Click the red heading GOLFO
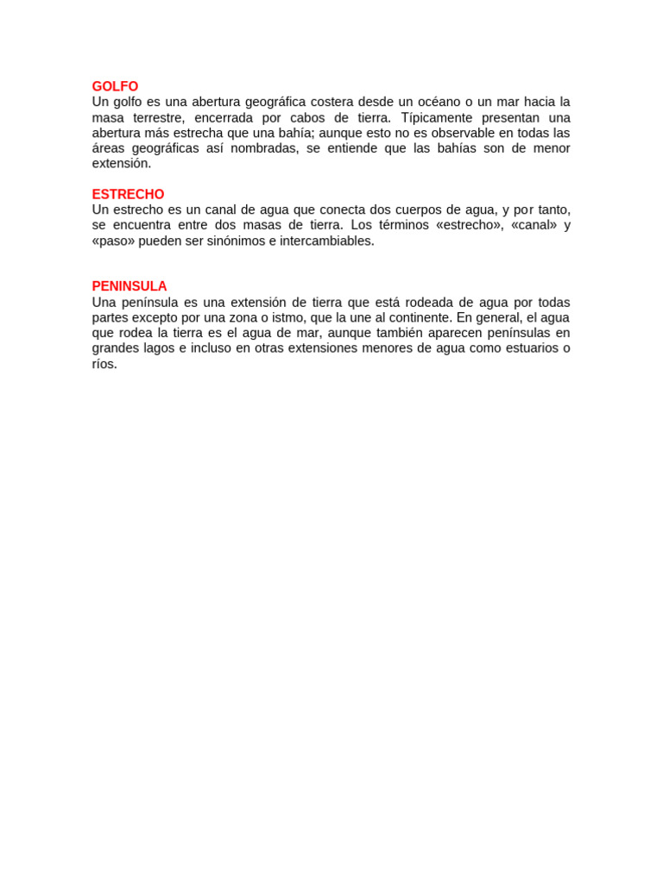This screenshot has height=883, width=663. click(115, 86)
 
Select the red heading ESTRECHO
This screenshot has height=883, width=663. click(128, 194)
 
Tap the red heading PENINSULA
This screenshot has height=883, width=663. click(129, 286)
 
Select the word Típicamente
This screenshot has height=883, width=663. click(438, 117)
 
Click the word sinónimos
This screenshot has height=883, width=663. click(233, 241)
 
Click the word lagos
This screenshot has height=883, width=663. click(157, 348)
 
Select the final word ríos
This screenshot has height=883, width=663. click(104, 364)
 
